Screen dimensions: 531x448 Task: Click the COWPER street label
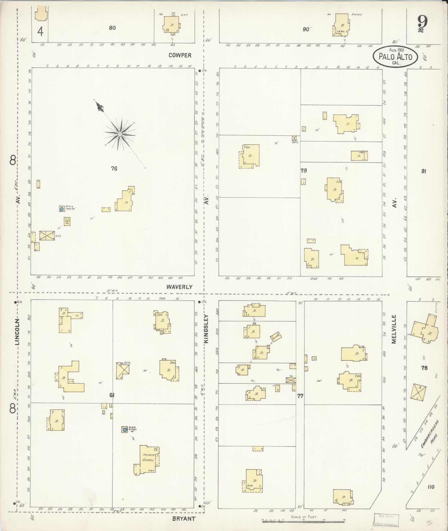180,55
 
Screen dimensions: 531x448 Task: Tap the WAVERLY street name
179,287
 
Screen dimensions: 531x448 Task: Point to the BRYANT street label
184,518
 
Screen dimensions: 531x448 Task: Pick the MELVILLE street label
394,329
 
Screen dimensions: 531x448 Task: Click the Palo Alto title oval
395,56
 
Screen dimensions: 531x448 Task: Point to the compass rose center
120,134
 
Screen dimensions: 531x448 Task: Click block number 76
114,169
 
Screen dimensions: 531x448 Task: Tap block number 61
112,395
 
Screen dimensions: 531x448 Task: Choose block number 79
304,170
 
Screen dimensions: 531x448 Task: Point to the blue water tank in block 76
62,209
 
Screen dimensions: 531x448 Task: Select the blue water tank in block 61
125,430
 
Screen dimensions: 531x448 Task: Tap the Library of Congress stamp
386,520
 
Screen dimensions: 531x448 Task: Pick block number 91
424,171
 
